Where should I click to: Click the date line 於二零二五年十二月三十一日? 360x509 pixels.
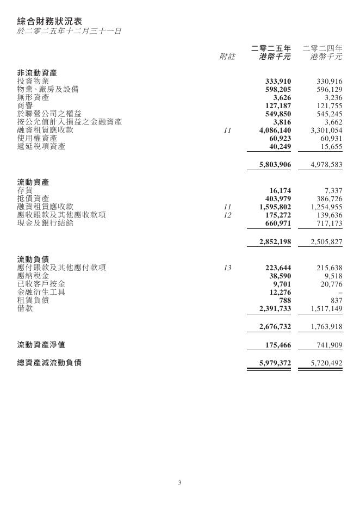coord(69,31)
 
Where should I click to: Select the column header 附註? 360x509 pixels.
coord(227,57)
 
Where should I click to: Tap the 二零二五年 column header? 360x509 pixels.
coord(271,48)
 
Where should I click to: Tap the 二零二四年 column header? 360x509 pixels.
coord(322,48)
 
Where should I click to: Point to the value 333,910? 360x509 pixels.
coord(277,82)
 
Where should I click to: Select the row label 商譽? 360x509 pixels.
coord(25,105)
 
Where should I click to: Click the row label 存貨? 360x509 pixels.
coord(25,190)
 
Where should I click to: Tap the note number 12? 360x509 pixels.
coord(227,215)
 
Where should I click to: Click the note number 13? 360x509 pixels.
coord(227,268)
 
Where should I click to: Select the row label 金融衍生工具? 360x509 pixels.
coord(41,292)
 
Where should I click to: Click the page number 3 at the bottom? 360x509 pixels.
coord(179,482)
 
